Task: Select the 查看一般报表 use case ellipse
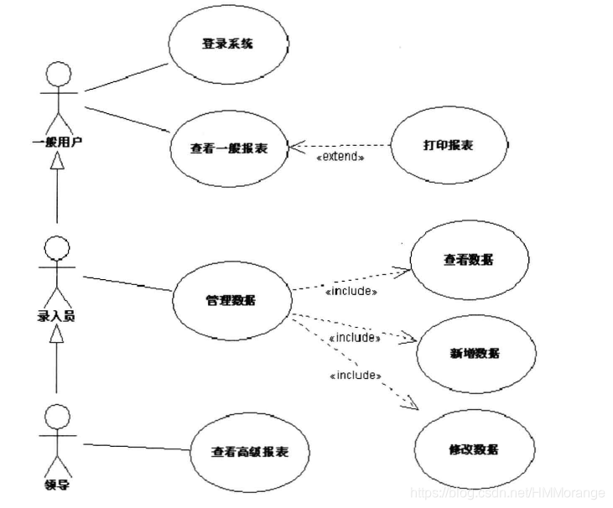tap(229, 148)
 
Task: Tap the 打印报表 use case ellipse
tap(448, 145)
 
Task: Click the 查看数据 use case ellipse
tap(469, 260)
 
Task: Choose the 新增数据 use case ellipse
tap(475, 353)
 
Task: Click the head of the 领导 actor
tap(55, 417)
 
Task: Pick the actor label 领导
tap(55, 484)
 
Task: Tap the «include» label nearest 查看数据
tap(350, 291)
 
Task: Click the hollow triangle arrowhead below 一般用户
tap(56, 161)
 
